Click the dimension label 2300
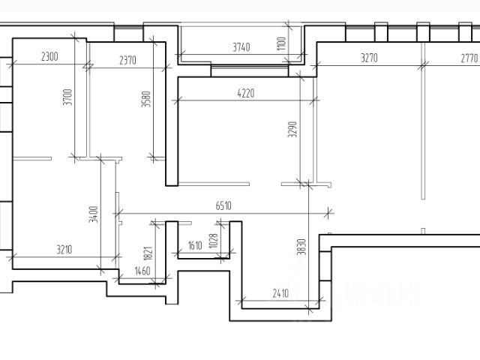tap(50, 56)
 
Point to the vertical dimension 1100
tap(282, 43)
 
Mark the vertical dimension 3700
tap(67, 99)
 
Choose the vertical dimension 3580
tap(146, 101)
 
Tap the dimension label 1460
tap(142, 271)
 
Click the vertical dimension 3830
tap(301, 247)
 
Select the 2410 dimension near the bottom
tap(280, 293)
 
